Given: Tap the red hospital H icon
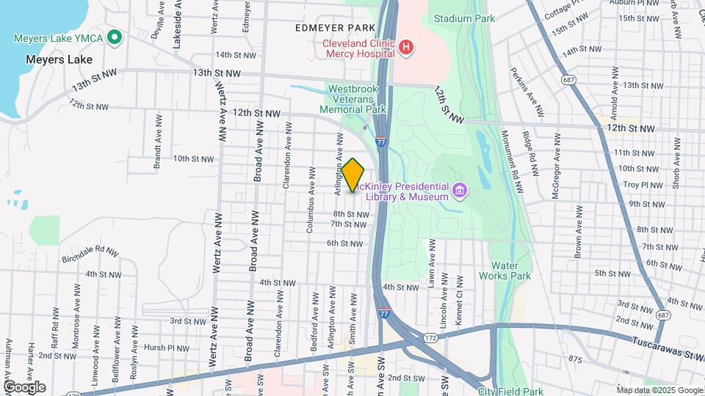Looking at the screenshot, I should click(406, 48).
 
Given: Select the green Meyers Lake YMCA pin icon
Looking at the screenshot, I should click(114, 37).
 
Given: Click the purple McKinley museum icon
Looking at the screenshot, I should click(460, 191).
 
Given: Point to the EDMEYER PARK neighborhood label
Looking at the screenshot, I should click(330, 28).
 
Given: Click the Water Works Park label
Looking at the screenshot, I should click(505, 271).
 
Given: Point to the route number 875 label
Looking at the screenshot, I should click(574, 359).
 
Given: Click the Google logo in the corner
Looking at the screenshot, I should click(24, 387).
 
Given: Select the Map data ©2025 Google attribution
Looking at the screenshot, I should click(659, 390).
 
